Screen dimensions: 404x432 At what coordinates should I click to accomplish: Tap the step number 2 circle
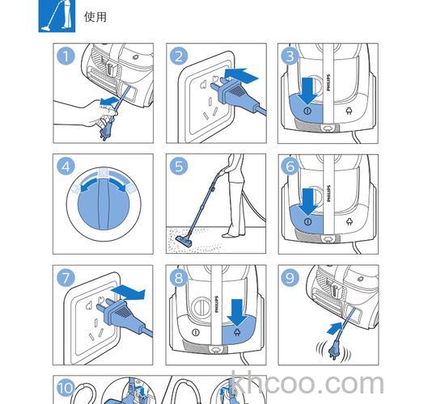coord(179,56)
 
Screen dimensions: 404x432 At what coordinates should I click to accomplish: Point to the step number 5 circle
coord(179,167)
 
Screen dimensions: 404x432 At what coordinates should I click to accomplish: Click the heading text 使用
coord(95,16)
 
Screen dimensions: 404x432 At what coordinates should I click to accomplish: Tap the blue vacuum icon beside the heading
coord(57,16)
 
